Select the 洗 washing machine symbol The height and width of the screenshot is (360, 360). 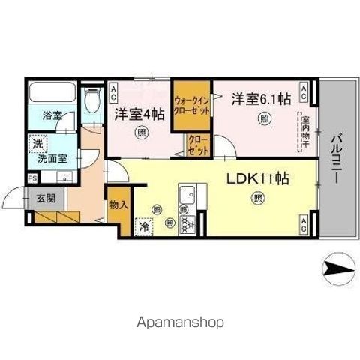click(37, 144)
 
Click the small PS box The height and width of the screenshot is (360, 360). click(31, 178)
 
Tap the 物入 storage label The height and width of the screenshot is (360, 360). click(118, 204)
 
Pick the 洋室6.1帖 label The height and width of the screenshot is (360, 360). click(260, 98)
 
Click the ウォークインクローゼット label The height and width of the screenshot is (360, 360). click(191, 104)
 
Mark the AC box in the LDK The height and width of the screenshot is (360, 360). click(304, 221)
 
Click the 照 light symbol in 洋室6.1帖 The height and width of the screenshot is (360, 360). click(264, 118)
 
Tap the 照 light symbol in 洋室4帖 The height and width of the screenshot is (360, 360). click(142, 133)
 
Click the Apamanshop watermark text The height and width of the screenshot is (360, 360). click(179, 324)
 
